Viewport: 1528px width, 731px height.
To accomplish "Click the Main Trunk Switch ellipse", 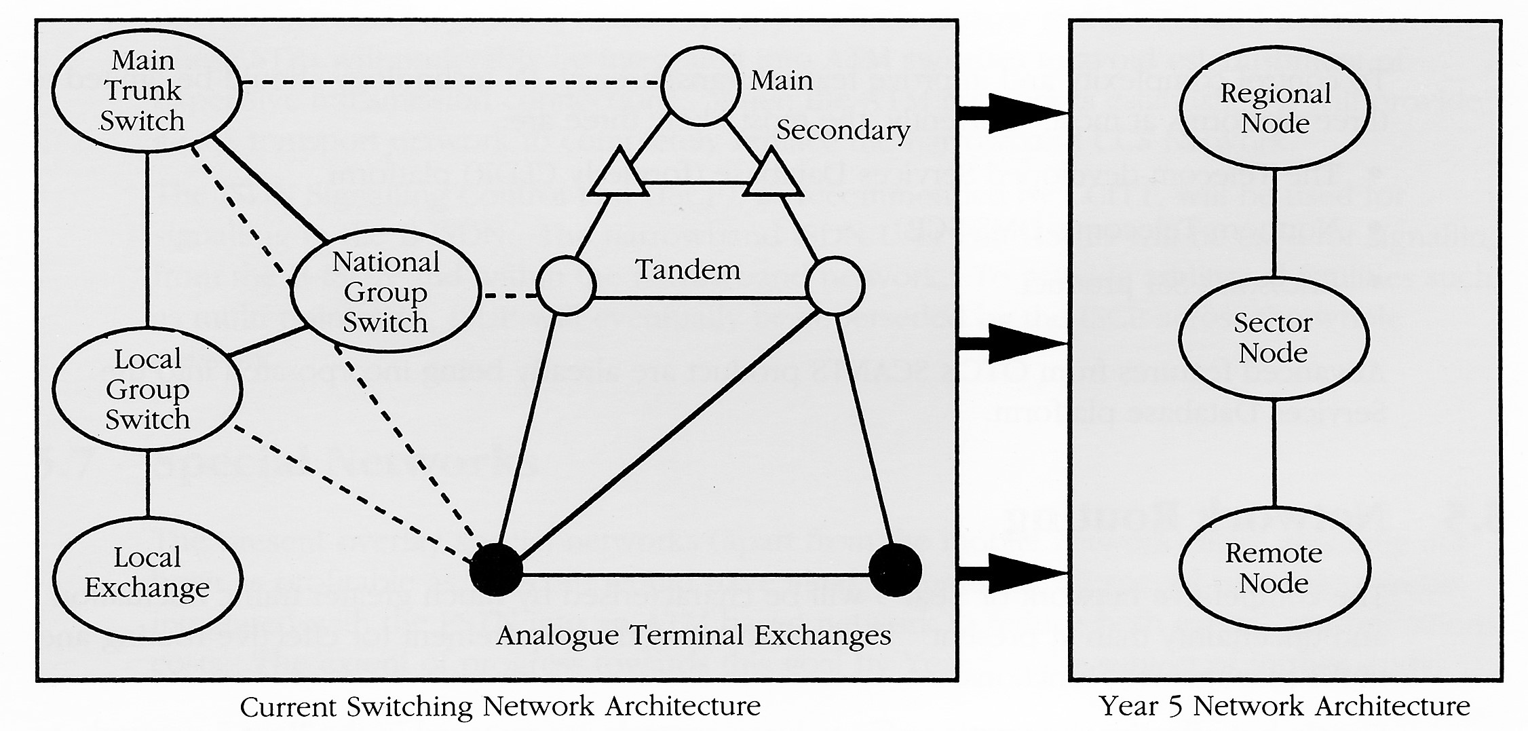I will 146,92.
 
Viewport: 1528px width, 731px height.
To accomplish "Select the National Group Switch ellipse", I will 385,293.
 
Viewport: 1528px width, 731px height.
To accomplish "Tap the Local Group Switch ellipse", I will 147,390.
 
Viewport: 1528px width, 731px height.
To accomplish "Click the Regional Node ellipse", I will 1274,109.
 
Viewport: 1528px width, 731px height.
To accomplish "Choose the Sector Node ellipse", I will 1273,338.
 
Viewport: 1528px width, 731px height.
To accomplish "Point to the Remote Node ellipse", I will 1274,569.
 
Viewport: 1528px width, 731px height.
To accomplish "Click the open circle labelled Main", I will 700,86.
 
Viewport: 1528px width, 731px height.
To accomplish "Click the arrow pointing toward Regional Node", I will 1011,113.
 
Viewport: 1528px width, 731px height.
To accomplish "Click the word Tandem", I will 687,270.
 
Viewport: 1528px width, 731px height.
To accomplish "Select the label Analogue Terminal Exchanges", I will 693,636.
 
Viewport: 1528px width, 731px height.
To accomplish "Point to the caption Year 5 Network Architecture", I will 1284,706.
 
